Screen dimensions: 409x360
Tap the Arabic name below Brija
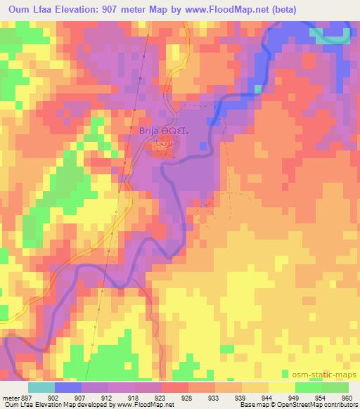pos(162,142)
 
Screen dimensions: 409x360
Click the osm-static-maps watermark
pos(326,375)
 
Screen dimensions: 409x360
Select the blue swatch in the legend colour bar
pos(68,387)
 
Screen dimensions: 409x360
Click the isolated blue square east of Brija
pos(203,145)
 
